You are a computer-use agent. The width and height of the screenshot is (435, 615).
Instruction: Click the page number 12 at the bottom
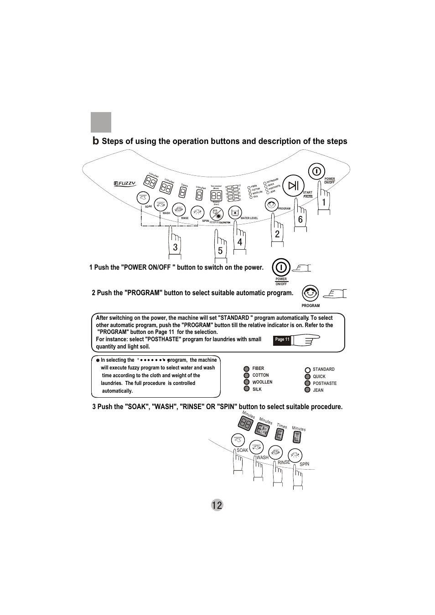(217, 505)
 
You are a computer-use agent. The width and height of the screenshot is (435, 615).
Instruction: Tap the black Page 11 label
(282, 339)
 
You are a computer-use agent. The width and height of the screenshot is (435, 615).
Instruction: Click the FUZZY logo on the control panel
(125, 183)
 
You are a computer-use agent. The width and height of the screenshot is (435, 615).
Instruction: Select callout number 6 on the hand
(300, 220)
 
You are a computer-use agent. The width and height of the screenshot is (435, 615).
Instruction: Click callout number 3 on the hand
(175, 247)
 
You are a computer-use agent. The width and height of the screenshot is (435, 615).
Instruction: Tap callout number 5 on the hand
(220, 251)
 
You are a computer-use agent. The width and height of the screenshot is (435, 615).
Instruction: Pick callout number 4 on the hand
(240, 242)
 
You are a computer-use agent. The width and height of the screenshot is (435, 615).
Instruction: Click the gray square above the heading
(101, 122)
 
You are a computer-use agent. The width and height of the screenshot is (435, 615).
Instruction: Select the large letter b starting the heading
(95, 141)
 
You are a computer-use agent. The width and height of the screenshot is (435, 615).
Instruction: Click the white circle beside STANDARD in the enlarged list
(308, 369)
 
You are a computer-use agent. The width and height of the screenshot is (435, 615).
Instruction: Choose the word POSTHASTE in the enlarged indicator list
(325, 384)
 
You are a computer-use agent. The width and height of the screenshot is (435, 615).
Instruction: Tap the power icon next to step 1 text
(281, 267)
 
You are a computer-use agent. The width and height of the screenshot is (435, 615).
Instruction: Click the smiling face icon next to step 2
(311, 292)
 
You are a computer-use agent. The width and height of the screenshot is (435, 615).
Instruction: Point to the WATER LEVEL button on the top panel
(235, 213)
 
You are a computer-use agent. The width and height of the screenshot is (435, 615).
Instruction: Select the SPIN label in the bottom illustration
(304, 464)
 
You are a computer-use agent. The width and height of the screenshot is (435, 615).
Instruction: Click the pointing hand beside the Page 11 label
(306, 339)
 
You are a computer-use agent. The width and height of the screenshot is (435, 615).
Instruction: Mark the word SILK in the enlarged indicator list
(257, 389)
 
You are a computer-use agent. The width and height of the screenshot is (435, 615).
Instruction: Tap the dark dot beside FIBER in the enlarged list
(246, 369)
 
